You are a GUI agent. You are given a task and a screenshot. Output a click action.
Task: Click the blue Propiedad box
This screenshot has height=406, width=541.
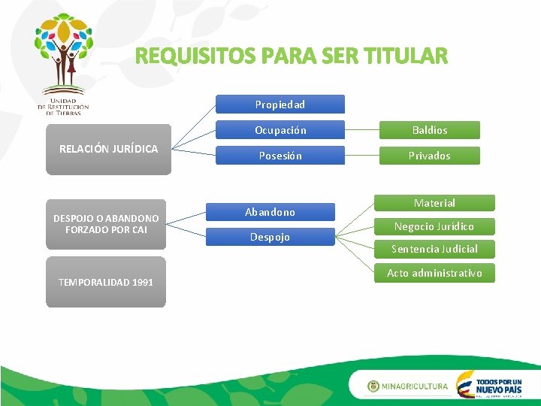pyautogui.click(x=280, y=104)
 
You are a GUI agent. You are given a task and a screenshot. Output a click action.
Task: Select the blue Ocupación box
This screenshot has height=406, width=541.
pyautogui.click(x=280, y=130)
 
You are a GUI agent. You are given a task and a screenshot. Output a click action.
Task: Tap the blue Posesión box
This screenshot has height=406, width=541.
pyautogui.click(x=280, y=156)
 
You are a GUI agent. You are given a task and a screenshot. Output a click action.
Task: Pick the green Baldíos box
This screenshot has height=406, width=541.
pyautogui.click(x=429, y=130)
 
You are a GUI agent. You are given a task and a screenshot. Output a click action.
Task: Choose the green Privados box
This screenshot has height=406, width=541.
pyautogui.click(x=429, y=156)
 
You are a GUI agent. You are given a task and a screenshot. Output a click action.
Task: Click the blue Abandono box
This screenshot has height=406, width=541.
pyautogui.click(x=270, y=213)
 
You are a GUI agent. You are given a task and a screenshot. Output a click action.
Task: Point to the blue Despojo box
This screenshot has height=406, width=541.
pyautogui.click(x=270, y=237)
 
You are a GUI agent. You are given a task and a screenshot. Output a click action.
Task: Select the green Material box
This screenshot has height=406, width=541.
pyautogui.click(x=434, y=203)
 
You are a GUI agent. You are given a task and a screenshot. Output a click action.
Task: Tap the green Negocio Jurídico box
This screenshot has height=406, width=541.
pyautogui.click(x=434, y=226)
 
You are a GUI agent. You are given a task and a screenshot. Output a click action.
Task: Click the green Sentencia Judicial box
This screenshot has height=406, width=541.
pyautogui.click(x=434, y=249)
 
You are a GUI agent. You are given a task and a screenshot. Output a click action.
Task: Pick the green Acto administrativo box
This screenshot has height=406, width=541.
pyautogui.click(x=434, y=273)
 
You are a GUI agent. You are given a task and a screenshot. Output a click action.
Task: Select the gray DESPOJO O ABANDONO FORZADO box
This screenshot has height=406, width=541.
pyautogui.click(x=106, y=224)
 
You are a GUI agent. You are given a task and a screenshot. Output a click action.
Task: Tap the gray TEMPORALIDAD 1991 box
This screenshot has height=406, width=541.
pyautogui.click(x=106, y=282)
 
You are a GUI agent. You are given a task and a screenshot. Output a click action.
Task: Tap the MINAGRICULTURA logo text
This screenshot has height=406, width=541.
pyautogui.click(x=414, y=386)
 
